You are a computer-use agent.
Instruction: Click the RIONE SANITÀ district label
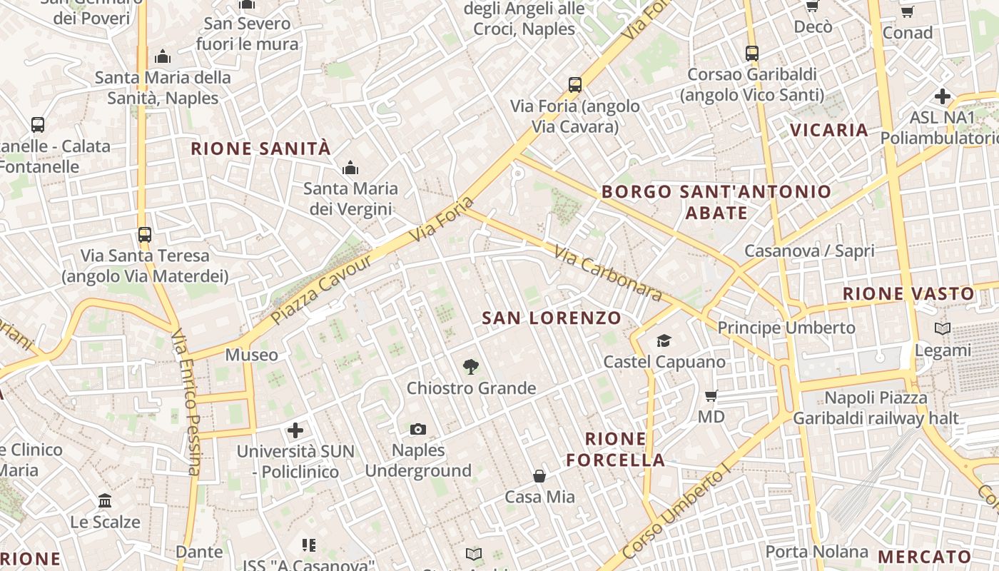pyautogui.click(x=261, y=148)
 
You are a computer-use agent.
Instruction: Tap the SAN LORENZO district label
pyautogui.click(x=552, y=318)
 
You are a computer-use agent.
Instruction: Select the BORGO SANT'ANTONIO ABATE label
pyautogui.click(x=716, y=202)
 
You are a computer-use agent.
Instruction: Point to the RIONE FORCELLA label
pyautogui.click(x=616, y=449)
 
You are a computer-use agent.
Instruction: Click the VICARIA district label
pyautogui.click(x=829, y=130)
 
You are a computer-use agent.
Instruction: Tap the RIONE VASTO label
pyautogui.click(x=908, y=293)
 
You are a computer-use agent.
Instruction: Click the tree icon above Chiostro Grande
pyautogui.click(x=470, y=367)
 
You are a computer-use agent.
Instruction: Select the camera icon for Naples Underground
pyautogui.click(x=418, y=429)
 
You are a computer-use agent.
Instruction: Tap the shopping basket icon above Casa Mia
pyautogui.click(x=539, y=475)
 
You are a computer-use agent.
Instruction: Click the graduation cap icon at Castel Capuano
pyautogui.click(x=664, y=340)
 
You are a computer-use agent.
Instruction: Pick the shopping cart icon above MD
pyautogui.click(x=711, y=395)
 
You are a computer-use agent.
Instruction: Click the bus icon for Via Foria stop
pyautogui.click(x=575, y=85)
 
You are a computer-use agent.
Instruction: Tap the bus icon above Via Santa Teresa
pyautogui.click(x=145, y=234)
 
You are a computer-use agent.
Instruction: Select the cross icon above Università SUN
pyautogui.click(x=295, y=430)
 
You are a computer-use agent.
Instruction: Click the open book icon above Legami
pyautogui.click(x=943, y=328)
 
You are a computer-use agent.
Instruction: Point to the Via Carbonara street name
pyautogui.click(x=607, y=273)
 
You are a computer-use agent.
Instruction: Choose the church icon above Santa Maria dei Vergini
pyautogui.click(x=350, y=168)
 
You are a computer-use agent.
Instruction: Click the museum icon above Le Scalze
pyautogui.click(x=105, y=500)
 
